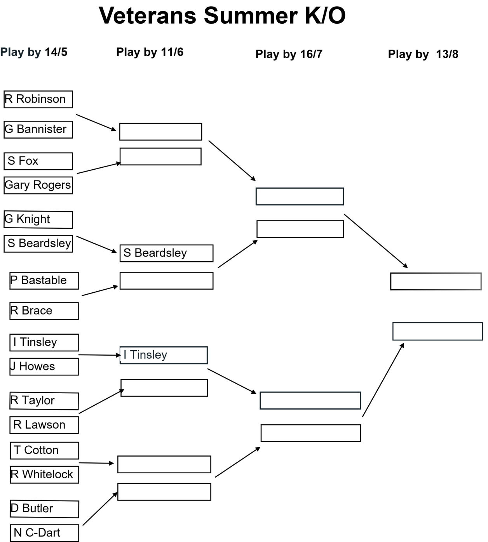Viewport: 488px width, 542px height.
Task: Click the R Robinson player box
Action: (38, 99)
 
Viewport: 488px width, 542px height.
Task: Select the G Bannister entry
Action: (38, 129)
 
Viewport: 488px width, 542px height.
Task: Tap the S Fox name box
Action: (38, 161)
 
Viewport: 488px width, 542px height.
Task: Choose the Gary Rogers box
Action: (38, 185)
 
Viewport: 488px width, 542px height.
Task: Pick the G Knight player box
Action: (38, 219)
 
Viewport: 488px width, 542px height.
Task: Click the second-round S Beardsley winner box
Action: (166, 253)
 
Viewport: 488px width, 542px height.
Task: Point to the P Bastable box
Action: (44, 280)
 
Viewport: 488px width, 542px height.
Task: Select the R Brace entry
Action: (44, 311)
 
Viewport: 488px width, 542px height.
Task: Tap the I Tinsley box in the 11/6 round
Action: (164, 355)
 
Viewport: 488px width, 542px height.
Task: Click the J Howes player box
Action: (44, 367)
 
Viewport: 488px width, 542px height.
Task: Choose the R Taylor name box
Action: (44, 401)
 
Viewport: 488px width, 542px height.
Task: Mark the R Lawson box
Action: (44, 425)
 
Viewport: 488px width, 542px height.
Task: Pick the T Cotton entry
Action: (44, 450)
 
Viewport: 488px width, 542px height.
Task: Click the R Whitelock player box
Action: (44, 474)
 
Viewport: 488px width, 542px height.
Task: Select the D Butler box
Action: (44, 509)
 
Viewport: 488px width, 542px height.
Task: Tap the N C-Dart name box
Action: (44, 533)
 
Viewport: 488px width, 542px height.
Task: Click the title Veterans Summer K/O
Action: (222, 16)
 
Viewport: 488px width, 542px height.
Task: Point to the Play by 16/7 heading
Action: (289, 54)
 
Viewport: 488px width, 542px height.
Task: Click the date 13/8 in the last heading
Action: (447, 54)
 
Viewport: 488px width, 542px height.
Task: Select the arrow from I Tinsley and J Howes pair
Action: (99, 355)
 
